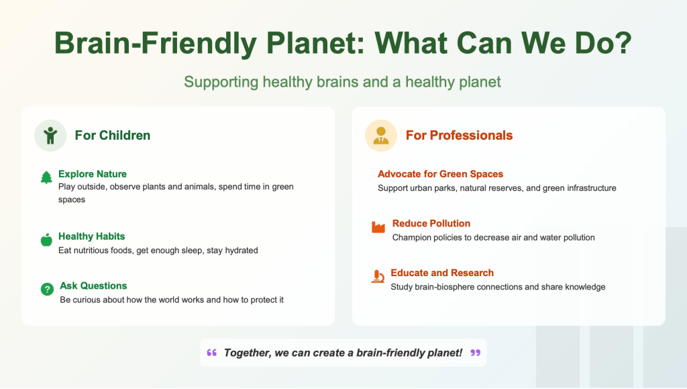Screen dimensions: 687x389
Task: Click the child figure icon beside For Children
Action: pos(50,136)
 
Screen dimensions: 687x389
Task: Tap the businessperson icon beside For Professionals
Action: pos(381,136)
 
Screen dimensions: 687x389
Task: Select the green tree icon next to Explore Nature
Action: pos(46,177)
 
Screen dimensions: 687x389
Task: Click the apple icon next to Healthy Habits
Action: pos(46,240)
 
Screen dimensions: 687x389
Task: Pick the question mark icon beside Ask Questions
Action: pos(47,289)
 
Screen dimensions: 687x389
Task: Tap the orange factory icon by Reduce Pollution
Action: pos(378,226)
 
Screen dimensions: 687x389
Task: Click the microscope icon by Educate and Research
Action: pos(378,276)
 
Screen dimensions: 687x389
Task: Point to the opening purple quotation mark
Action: pos(212,353)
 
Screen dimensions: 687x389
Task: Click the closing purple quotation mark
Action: pos(476,353)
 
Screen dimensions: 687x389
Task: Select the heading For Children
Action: pos(113,136)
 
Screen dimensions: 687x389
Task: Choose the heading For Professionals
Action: pos(459,136)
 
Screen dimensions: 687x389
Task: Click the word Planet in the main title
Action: pos(315,43)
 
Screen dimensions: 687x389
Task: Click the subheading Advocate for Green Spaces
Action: pos(440,174)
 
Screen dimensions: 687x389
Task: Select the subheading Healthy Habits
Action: pos(91,236)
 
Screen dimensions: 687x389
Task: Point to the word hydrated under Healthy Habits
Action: pos(242,251)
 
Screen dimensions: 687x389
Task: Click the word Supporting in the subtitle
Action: pos(221,82)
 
